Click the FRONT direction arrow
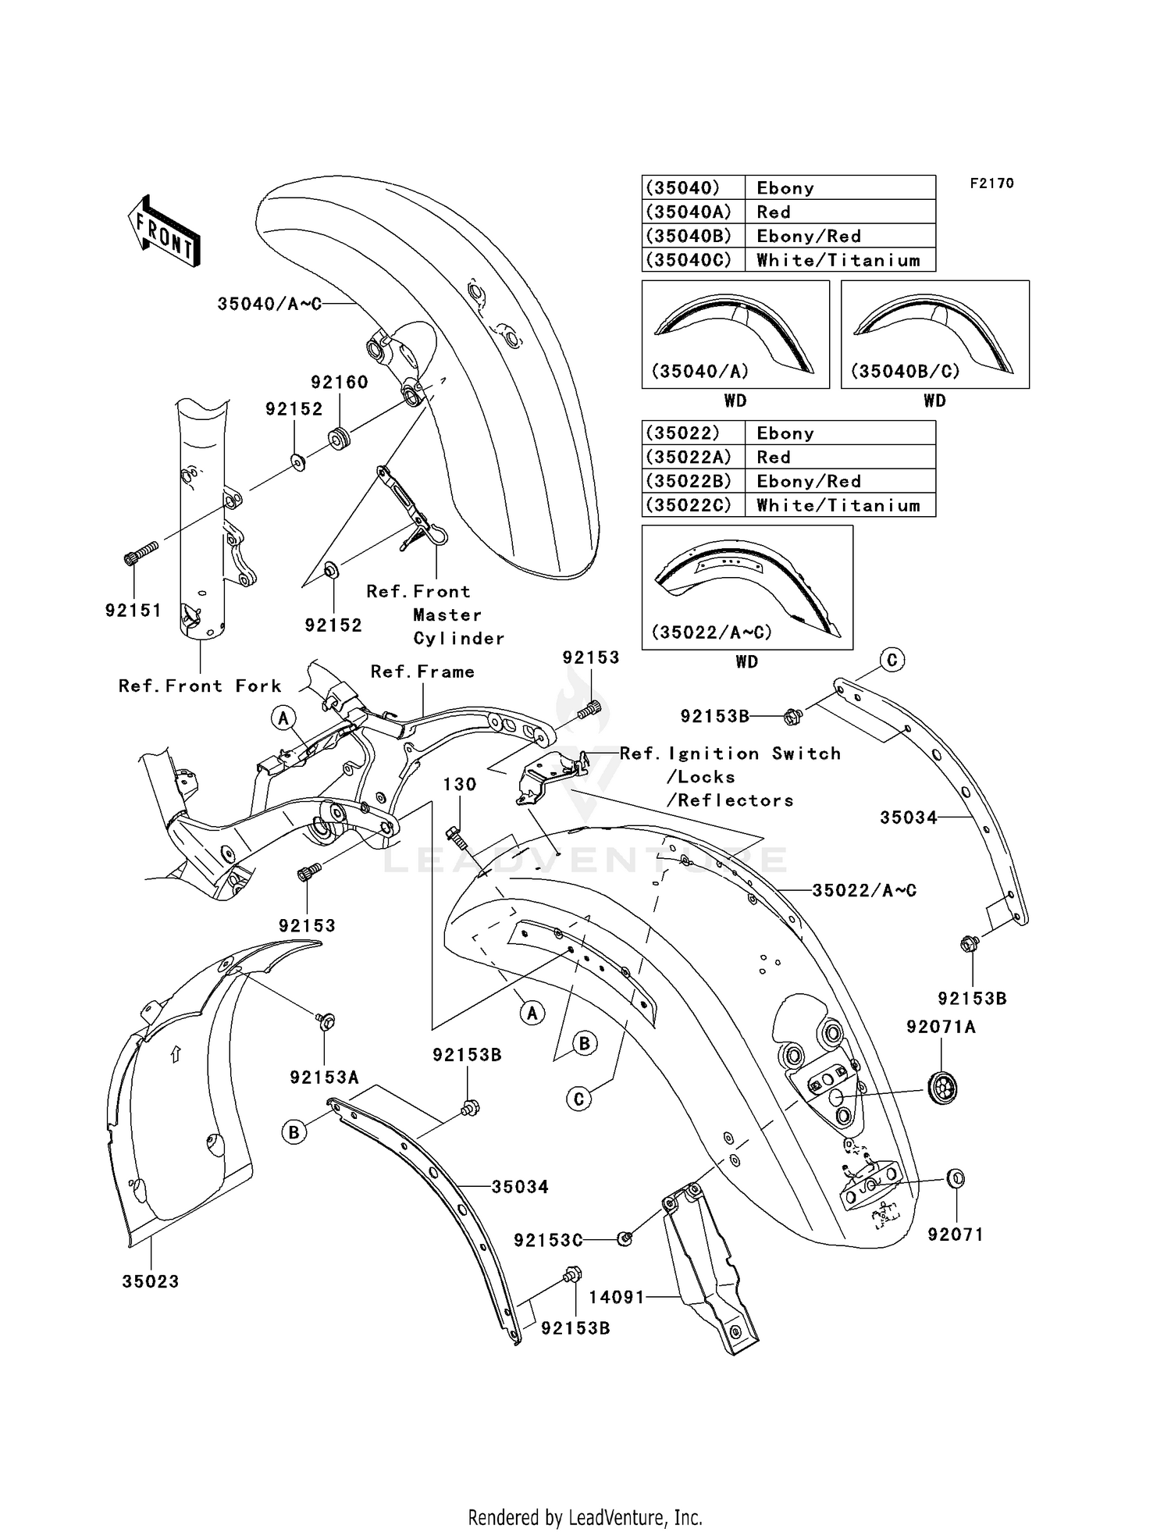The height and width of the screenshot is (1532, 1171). point(165,231)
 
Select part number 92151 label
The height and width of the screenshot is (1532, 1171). point(133,610)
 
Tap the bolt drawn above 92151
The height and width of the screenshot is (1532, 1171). point(141,553)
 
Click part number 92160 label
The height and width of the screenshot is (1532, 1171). point(339,382)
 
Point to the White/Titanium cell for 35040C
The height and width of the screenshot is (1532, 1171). point(838,260)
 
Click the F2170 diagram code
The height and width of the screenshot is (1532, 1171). point(991,183)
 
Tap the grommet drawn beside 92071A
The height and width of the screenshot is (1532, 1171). point(944,1088)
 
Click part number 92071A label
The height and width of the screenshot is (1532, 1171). point(941,1027)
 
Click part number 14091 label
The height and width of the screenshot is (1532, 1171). point(617,1296)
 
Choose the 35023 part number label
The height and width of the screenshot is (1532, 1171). point(151,1281)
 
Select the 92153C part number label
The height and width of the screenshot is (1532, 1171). point(548,1240)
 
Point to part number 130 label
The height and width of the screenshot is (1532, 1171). point(460,784)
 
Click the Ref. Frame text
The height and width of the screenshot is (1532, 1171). point(422,672)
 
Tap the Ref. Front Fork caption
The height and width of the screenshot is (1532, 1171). point(200,686)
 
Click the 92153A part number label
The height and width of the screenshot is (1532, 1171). point(324,1078)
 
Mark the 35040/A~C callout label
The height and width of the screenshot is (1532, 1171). point(269,304)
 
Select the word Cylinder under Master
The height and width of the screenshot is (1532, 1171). point(459,638)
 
